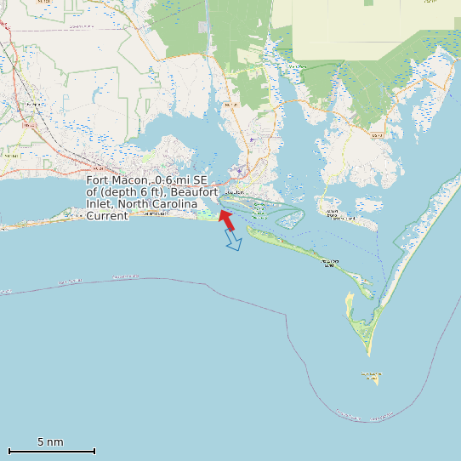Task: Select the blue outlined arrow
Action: point(232,241)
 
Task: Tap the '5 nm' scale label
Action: point(50,442)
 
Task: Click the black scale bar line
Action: point(51,451)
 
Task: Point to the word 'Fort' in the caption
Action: point(97,181)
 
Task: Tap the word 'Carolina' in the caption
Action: point(173,204)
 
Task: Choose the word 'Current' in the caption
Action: point(107,216)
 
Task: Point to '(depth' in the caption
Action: point(119,193)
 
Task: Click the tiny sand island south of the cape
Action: point(371,376)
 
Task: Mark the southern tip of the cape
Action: point(369,354)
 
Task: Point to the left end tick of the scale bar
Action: point(9,451)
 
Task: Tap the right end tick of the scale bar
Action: point(94,451)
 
